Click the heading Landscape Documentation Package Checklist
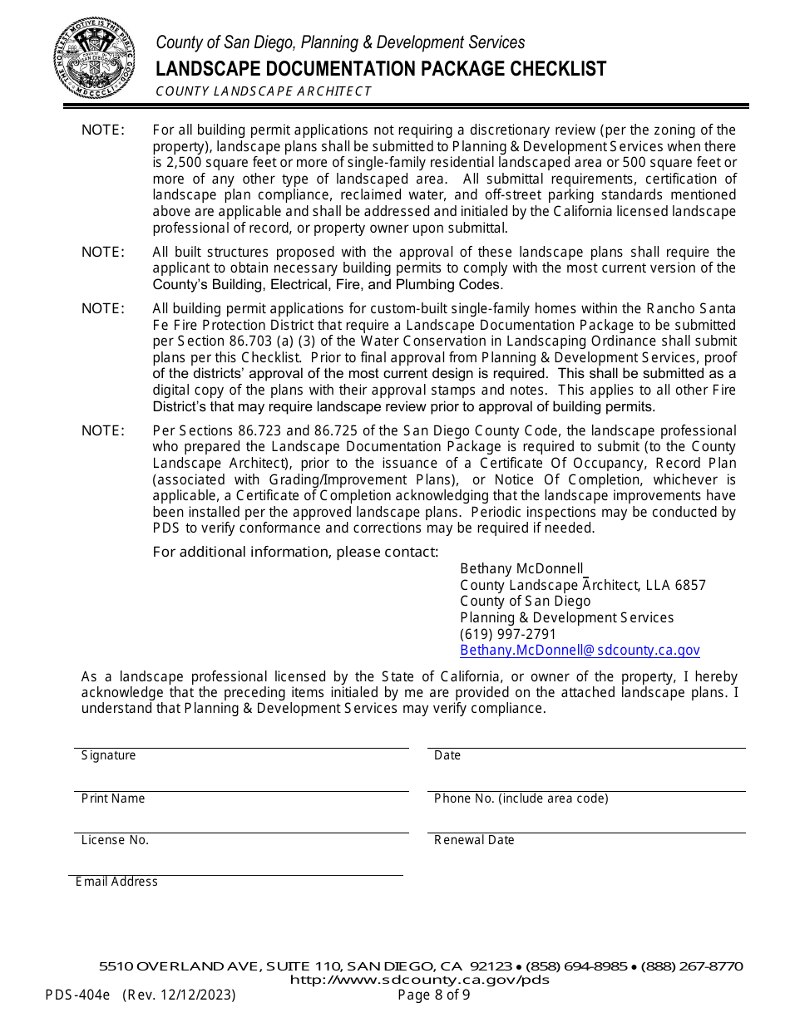tap(381, 69)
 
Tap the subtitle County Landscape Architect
tap(264, 91)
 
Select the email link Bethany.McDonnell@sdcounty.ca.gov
tap(580, 651)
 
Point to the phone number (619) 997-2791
tap(508, 634)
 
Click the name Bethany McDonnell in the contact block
tap(521, 569)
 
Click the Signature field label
tap(108, 755)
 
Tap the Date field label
tap(447, 755)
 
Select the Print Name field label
tap(113, 798)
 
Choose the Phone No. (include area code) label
tap(521, 798)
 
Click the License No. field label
tap(115, 840)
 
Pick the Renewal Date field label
tap(474, 840)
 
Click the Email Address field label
tap(116, 882)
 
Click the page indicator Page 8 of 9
tap(433, 995)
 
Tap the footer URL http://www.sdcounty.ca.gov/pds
tap(419, 980)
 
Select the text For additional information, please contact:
tap(295, 553)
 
